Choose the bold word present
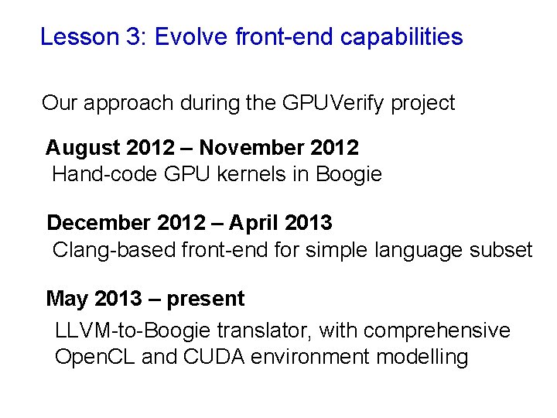(x=205, y=299)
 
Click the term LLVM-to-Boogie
(x=132, y=331)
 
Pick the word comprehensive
(x=436, y=331)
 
